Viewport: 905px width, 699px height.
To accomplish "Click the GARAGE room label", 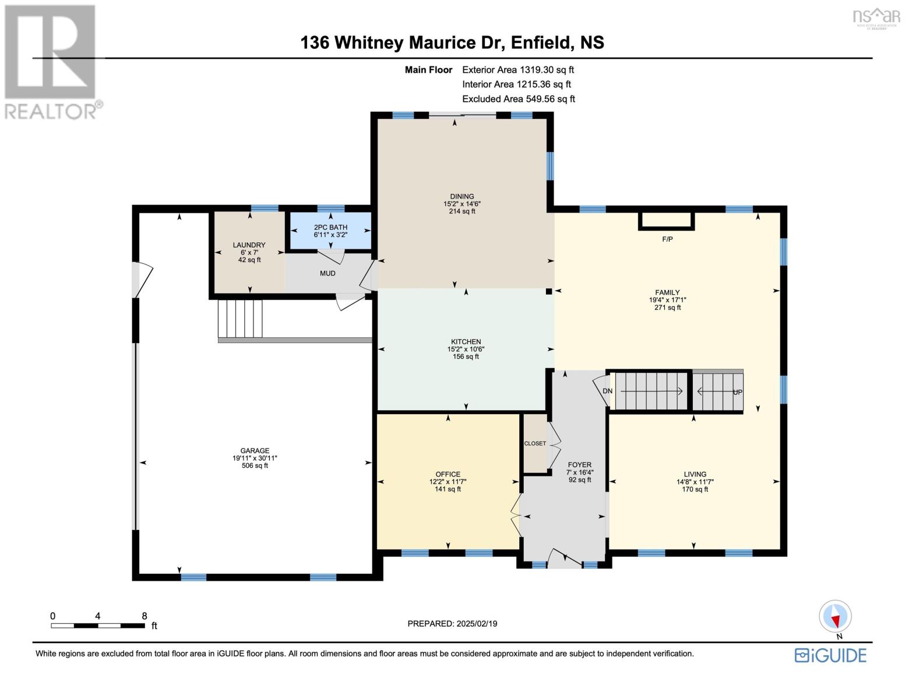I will (x=255, y=450).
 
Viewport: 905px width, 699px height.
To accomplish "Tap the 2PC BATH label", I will (x=330, y=227).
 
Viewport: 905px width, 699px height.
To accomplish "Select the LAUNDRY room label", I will (x=249, y=245).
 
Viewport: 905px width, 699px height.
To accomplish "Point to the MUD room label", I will (x=328, y=273).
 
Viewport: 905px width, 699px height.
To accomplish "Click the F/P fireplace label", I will (x=667, y=239).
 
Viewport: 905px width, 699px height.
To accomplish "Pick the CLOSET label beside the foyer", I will (x=535, y=443).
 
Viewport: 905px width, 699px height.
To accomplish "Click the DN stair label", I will (x=607, y=391).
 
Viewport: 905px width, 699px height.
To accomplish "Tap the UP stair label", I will (x=737, y=392).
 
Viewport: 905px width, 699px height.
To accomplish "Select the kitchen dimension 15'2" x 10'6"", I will (x=466, y=349).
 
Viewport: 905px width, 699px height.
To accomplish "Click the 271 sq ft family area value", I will (x=667, y=308).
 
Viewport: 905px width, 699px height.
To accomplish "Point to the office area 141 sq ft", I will (x=448, y=489).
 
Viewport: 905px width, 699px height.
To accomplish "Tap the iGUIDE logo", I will (x=830, y=655).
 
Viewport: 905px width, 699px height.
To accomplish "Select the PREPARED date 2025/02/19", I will (x=452, y=623).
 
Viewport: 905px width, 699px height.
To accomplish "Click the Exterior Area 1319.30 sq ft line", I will (x=517, y=69).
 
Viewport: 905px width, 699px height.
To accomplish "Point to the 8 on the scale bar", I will (x=144, y=616).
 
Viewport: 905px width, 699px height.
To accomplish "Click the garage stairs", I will (x=240, y=318).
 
